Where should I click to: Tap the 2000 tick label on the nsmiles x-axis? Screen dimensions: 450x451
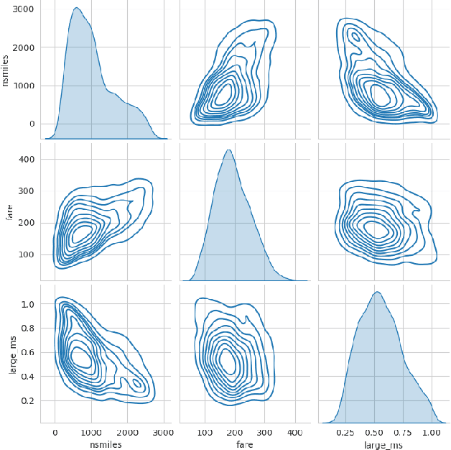coord(127,433)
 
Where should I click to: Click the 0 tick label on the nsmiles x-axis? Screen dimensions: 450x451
coord(55,433)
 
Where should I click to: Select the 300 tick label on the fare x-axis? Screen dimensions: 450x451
coord(265,433)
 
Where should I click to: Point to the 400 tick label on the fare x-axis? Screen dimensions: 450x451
coord(295,433)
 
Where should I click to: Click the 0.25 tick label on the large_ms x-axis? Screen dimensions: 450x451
coord(346,433)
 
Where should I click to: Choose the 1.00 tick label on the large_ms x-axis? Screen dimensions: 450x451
coord(430,433)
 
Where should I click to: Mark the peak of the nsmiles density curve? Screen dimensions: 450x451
coord(76,8)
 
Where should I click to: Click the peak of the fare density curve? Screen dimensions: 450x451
coord(228,150)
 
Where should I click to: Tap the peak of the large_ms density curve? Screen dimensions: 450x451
coord(377,292)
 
